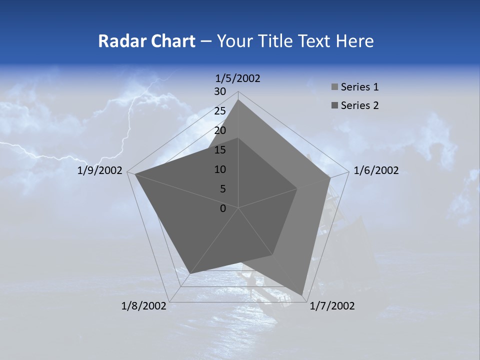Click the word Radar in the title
click(118, 41)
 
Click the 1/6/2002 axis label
click(376, 170)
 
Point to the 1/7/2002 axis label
click(332, 306)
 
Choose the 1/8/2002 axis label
click(143, 306)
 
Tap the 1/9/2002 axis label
click(100, 170)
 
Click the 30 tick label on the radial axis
click(220, 91)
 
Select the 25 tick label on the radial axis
click(220, 111)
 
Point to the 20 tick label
click(220, 130)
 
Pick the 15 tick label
click(220, 150)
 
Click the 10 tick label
click(220, 169)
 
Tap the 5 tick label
click(222, 189)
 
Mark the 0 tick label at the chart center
click(223, 208)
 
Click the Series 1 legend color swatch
click(334, 87)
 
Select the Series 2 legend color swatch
click(334, 105)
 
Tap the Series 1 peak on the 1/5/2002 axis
click(238, 99)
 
